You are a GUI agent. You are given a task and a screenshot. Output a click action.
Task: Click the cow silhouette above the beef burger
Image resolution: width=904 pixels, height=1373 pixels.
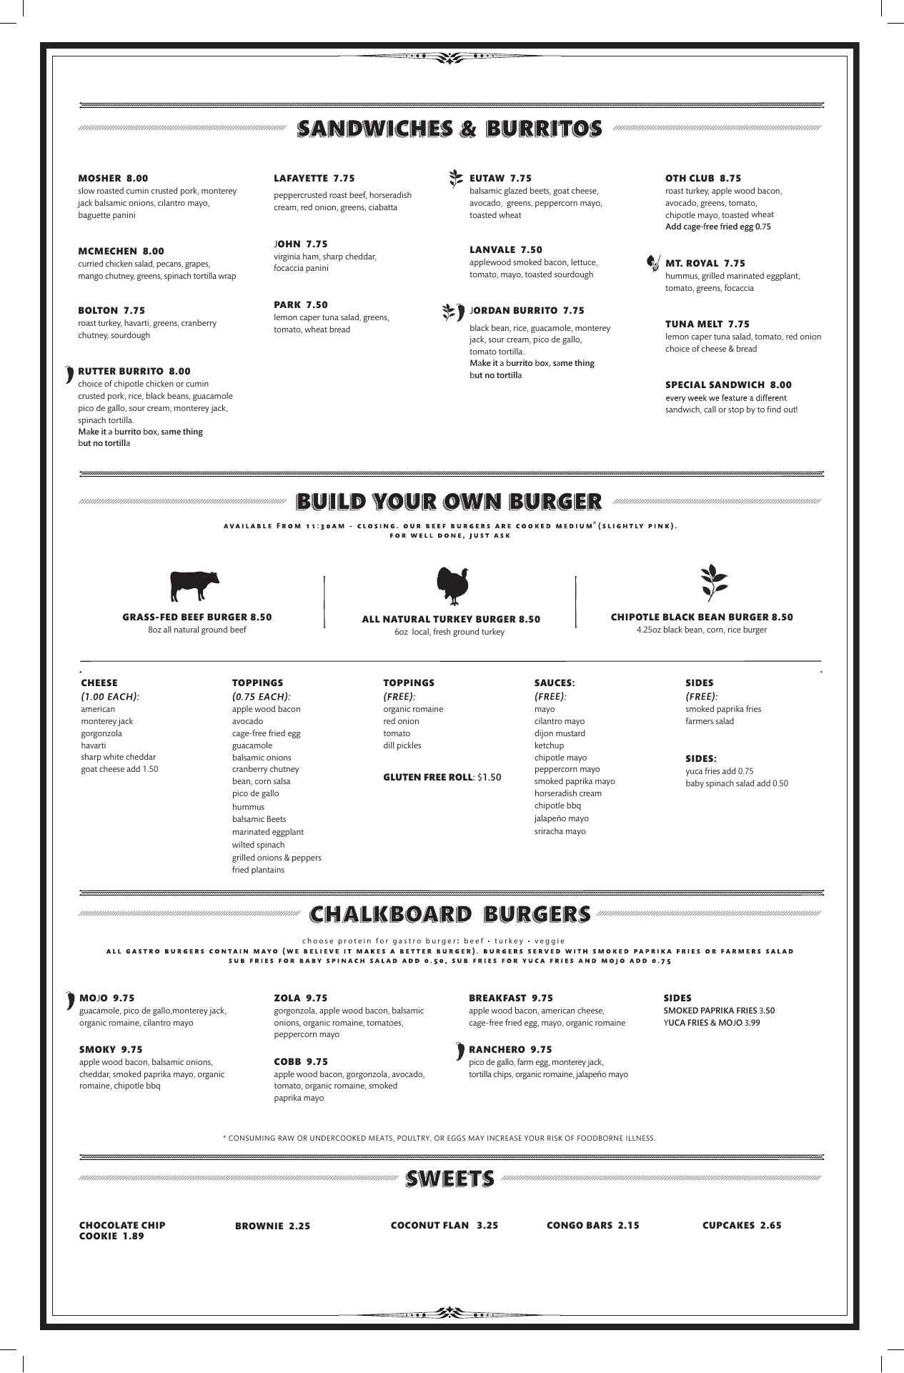coord(194,586)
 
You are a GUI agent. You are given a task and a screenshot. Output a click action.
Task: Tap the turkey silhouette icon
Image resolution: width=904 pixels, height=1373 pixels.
coord(452,587)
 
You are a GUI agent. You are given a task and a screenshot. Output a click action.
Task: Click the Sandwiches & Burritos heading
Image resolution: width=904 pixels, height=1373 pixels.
coord(449,129)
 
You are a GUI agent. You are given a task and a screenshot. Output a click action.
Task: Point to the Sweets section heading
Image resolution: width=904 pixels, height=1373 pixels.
coord(449,1179)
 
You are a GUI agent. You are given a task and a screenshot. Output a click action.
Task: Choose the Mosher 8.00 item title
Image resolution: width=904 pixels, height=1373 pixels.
coord(113,178)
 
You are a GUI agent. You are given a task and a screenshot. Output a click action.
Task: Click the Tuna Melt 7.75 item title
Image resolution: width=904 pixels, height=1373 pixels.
coord(707,324)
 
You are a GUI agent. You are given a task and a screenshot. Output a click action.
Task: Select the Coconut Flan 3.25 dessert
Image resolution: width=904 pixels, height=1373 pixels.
coord(444,1225)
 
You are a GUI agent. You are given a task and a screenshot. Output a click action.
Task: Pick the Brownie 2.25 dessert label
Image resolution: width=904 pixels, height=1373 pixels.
coord(272,1226)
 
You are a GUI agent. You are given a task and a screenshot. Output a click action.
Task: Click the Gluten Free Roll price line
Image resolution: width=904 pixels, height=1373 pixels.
coord(442,777)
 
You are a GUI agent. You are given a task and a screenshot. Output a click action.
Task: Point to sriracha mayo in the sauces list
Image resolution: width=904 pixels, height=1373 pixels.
coord(560,831)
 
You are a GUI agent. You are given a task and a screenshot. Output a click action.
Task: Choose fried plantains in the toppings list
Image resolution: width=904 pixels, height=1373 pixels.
coord(258,870)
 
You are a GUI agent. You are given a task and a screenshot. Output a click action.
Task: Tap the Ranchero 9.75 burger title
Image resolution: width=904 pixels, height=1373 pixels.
coord(510,1049)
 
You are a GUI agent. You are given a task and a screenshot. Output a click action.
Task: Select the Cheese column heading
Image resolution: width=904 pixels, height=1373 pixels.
coord(99,683)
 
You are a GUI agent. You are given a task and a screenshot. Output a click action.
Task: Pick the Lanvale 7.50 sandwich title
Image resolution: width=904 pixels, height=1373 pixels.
coord(505,249)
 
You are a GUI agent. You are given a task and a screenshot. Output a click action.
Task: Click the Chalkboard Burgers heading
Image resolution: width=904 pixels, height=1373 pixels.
coord(450,914)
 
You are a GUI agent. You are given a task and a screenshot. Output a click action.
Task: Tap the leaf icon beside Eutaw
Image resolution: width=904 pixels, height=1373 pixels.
coord(455,179)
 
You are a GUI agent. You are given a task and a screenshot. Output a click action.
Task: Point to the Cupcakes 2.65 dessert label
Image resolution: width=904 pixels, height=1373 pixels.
coord(741,1225)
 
